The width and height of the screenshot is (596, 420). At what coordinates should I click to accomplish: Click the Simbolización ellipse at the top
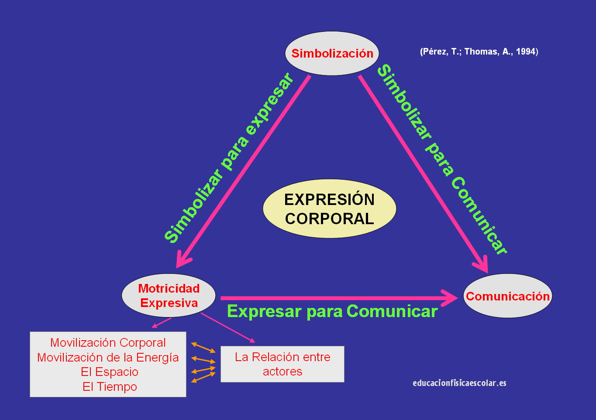tap(332, 53)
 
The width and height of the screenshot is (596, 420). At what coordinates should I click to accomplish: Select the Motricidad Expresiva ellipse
tap(169, 296)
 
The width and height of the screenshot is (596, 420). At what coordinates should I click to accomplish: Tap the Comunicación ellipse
tap(507, 296)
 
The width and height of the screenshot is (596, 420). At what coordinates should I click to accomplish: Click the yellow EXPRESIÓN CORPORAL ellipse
tap(329, 209)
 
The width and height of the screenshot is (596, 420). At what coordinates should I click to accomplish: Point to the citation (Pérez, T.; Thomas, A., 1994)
tap(479, 51)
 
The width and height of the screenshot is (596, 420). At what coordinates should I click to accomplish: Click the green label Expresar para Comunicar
tap(332, 311)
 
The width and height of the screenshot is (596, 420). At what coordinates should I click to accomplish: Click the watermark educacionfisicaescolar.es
tap(459, 383)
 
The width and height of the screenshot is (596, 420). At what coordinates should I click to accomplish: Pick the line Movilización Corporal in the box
tap(108, 343)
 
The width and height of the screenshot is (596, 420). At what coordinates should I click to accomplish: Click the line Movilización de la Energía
tap(108, 358)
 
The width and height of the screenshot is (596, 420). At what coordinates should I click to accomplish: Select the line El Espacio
tap(110, 372)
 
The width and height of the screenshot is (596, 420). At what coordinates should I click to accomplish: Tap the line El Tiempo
tap(110, 387)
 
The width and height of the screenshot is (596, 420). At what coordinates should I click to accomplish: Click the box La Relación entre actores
tap(282, 364)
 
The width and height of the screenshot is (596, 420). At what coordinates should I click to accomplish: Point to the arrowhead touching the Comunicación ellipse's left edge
tap(452, 298)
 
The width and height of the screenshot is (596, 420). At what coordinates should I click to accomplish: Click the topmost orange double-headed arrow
tap(203, 348)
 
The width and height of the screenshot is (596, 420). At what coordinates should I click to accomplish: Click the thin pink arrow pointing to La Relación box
tap(227, 328)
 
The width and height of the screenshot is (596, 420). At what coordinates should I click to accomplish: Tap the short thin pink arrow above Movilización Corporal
tap(161, 323)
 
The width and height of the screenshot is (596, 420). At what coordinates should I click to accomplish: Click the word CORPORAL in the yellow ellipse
tap(329, 219)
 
